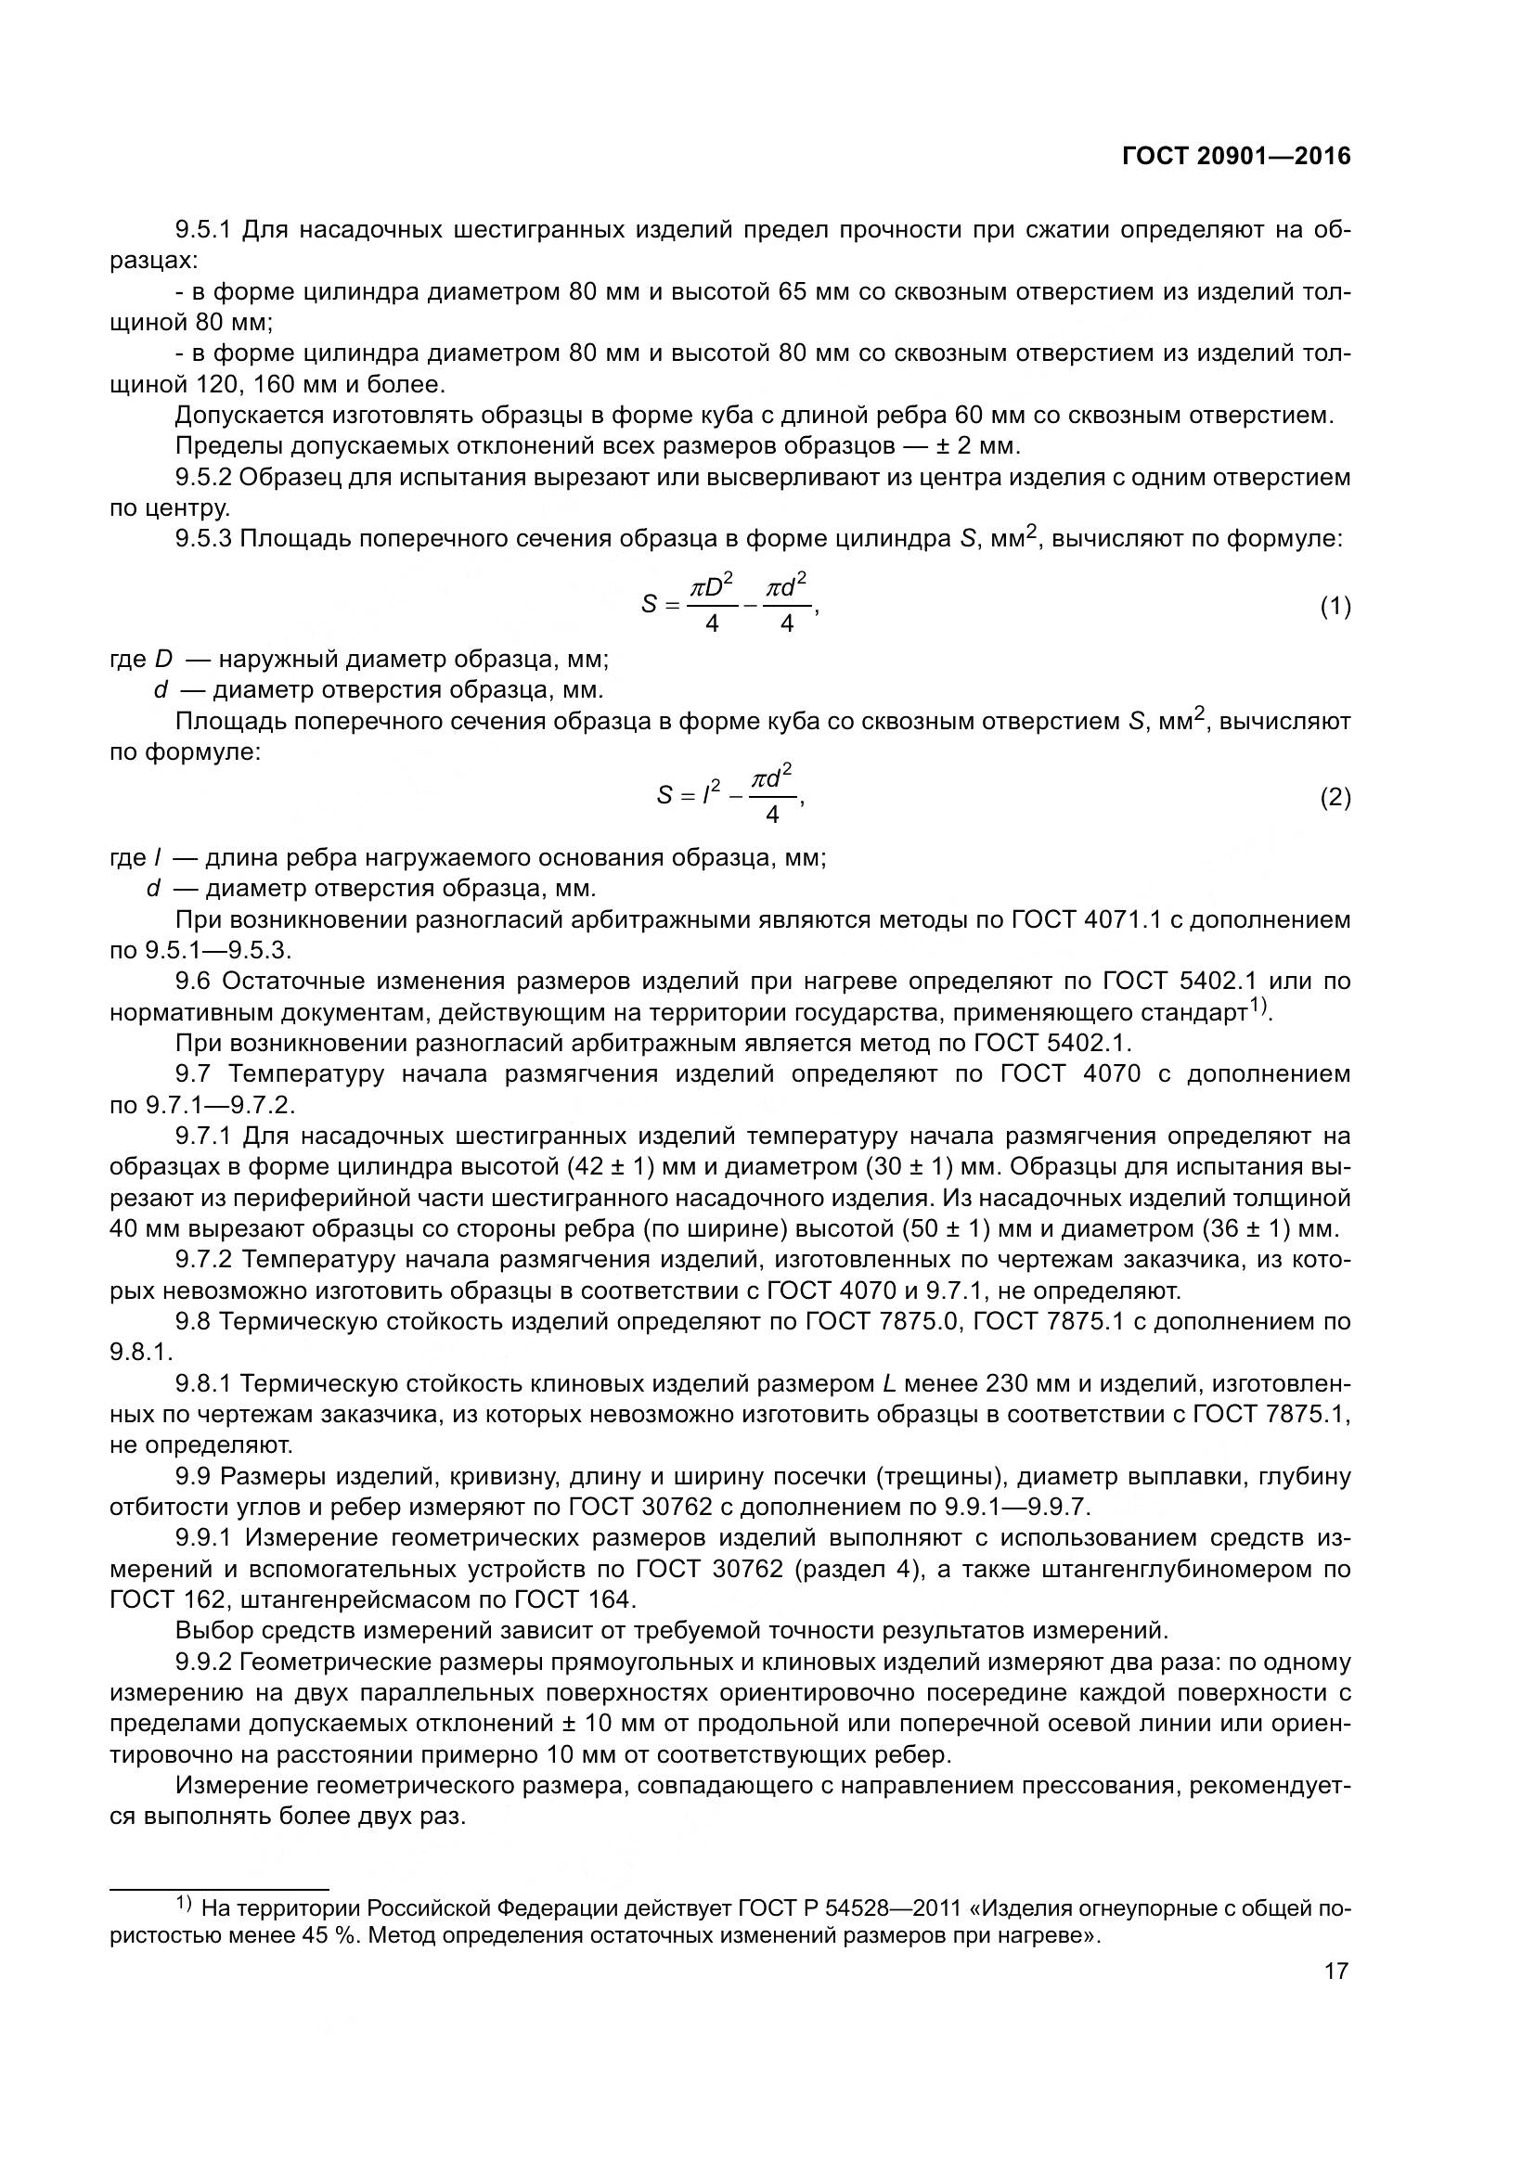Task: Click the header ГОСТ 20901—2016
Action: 1236,157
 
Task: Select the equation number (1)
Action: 1335,607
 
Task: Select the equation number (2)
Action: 1335,798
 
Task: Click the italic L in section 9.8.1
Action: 888,1384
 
